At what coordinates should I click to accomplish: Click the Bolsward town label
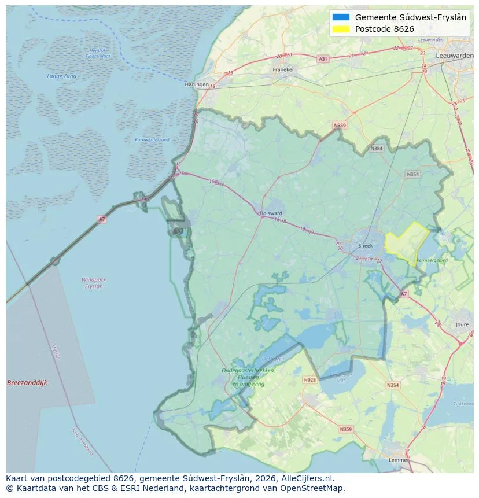tap(271, 213)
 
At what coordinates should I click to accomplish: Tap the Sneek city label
tap(366, 245)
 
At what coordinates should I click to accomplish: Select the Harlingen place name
tap(197, 84)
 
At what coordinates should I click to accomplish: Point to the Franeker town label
tap(283, 69)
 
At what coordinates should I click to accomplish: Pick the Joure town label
tap(462, 325)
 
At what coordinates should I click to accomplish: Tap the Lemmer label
tap(399, 460)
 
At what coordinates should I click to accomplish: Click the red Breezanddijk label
tap(27, 383)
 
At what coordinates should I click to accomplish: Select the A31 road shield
tap(323, 59)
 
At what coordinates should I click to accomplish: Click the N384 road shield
tap(377, 149)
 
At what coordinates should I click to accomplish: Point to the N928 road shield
tap(310, 380)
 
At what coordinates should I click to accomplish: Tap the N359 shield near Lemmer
tap(345, 429)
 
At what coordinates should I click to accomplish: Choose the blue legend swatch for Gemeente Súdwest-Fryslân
tap(341, 17)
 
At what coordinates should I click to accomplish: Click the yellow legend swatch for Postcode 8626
tap(341, 29)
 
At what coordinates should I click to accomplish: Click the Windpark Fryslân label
tap(93, 283)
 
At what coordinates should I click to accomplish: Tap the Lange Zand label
tap(61, 76)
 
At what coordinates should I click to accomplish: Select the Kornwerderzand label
tap(152, 140)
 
